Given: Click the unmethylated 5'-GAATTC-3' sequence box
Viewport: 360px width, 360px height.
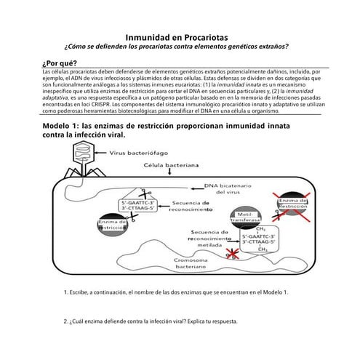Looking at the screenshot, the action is click(138, 206).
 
